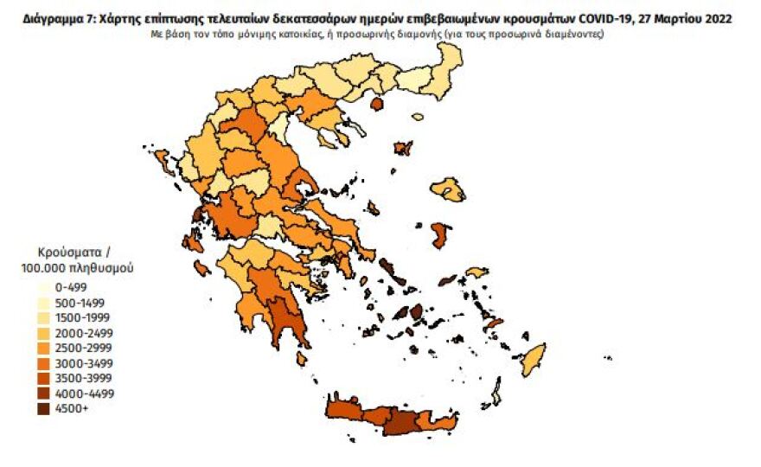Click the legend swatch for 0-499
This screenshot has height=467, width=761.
[x=40, y=287]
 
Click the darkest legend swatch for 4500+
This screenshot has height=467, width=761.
[x=40, y=408]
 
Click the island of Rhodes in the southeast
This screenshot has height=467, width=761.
[x=534, y=359]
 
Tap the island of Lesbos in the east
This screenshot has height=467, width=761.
[x=450, y=189]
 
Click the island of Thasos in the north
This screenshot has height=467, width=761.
[x=377, y=104]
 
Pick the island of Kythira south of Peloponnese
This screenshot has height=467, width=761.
[x=303, y=357]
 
